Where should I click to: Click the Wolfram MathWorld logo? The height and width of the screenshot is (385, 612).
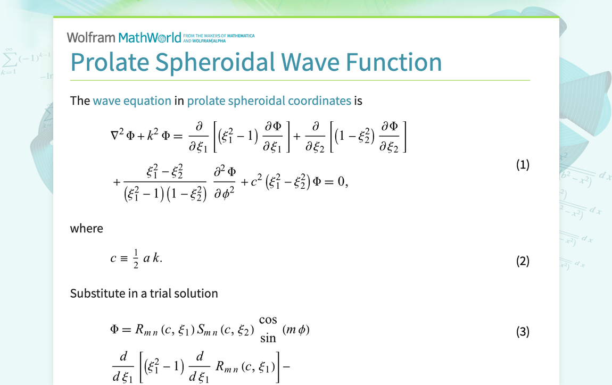124,37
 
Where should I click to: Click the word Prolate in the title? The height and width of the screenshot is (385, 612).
110,62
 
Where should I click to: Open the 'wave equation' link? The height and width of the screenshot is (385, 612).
132,101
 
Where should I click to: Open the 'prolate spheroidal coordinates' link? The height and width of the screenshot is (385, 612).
269,101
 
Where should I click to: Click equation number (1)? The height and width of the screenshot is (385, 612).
523,165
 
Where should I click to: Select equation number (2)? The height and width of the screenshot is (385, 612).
523,261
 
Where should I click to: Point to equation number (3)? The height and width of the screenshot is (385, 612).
523,332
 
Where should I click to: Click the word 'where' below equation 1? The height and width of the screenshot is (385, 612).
87,228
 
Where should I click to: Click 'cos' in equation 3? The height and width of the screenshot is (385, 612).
268,320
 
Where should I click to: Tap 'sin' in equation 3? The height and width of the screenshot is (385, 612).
268,338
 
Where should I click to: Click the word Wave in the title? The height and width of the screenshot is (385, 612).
310,62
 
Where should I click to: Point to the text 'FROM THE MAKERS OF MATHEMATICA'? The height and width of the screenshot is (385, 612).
219,36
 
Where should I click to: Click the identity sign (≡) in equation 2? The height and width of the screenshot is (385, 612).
124,258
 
